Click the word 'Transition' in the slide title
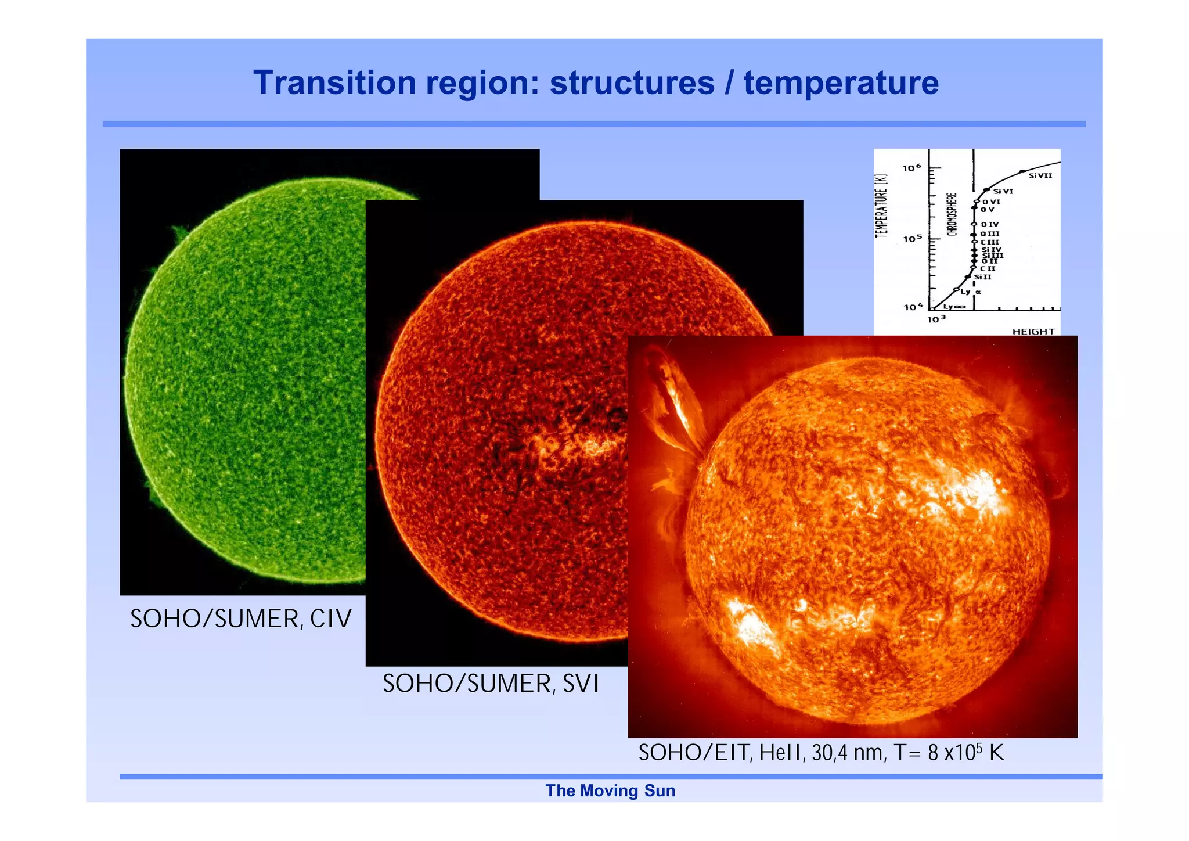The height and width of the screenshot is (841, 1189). tap(334, 82)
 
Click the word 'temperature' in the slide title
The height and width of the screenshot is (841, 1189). tap(841, 82)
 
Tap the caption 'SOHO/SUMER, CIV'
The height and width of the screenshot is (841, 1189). tap(241, 619)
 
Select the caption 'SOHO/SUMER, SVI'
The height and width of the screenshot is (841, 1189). tap(491, 684)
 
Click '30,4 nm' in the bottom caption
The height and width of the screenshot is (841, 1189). tap(847, 753)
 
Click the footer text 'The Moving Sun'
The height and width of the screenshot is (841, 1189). tap(610, 790)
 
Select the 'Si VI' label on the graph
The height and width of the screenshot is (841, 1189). tap(1003, 191)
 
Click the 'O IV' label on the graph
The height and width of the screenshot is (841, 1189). tap(990, 224)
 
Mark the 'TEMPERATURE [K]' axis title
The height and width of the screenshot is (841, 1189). tap(882, 206)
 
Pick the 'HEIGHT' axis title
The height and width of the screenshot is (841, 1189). tap(1033, 332)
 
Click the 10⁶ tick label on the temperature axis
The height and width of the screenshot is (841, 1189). tap(912, 168)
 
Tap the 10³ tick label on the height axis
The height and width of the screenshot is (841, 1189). tap(936, 319)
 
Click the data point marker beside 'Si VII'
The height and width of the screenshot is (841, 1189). tap(1022, 171)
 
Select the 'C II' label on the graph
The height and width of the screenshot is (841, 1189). tap(988, 269)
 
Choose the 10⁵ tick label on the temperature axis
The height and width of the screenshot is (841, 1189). tap(912, 239)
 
